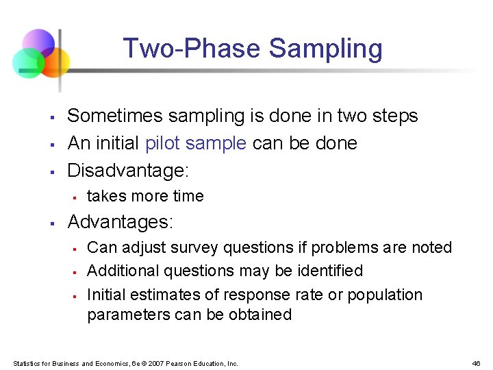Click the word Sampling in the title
click(325, 49)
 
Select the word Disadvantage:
click(127, 169)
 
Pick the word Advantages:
click(121, 222)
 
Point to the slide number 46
click(477, 363)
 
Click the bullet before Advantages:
click(52, 223)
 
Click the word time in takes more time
click(188, 196)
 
